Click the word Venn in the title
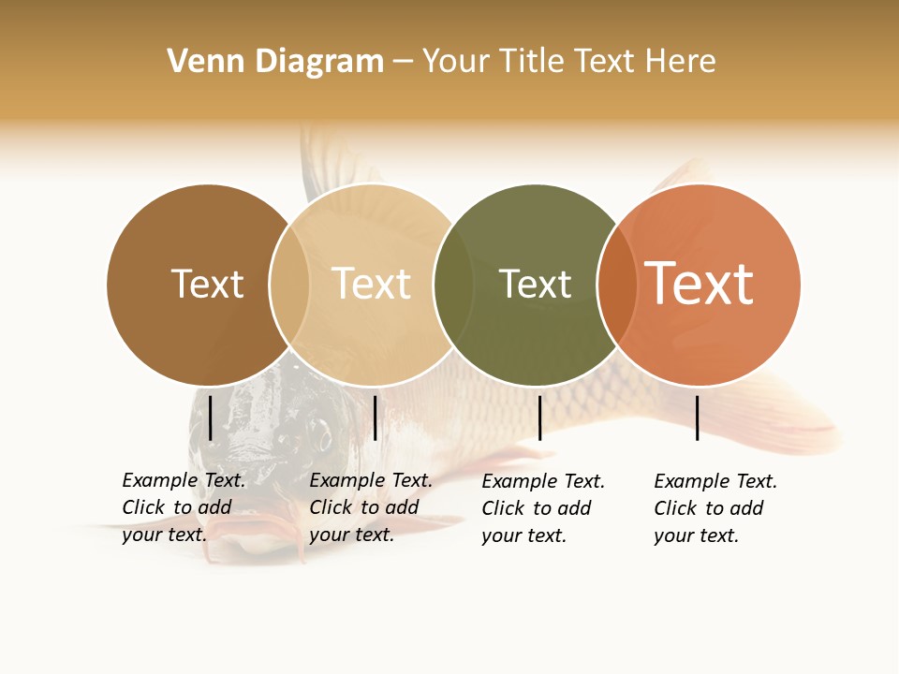200,62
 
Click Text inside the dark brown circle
207,284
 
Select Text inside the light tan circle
372,284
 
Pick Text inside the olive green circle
535,284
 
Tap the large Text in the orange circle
700,284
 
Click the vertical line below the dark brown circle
211,418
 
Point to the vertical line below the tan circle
375,418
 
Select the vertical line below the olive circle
539,418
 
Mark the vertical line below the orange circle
697,418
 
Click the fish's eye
320,434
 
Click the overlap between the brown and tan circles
289,284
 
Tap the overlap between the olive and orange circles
617,284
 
